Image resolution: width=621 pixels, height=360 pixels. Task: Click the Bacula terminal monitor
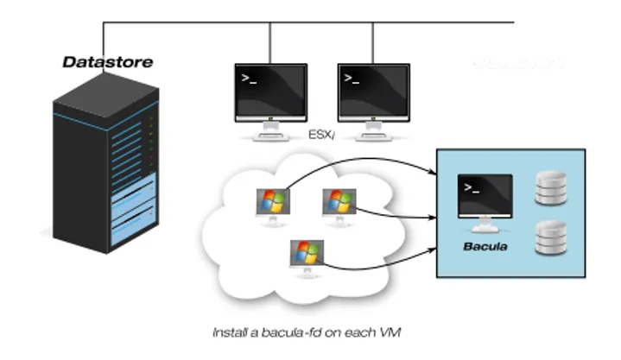tap(485, 200)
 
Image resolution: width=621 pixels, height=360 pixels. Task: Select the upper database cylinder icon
tap(551, 189)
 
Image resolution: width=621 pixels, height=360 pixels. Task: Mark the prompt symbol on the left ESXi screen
tap(249, 79)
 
